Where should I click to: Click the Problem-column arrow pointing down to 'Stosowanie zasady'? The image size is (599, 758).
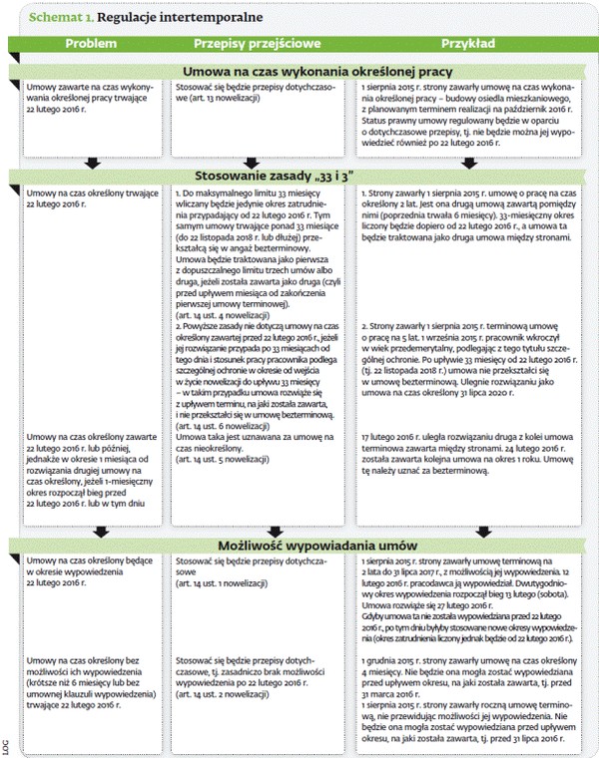click(91, 161)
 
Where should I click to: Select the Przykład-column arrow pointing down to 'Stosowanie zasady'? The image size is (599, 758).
click(466, 161)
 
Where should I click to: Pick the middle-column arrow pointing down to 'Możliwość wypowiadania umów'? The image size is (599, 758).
click(276, 532)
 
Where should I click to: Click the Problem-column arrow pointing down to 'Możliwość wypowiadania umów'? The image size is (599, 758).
click(91, 532)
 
